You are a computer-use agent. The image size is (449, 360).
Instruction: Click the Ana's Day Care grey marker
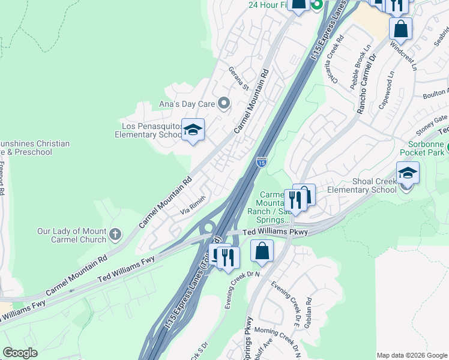(x=224, y=104)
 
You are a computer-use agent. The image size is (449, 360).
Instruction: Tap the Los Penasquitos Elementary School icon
(x=193, y=130)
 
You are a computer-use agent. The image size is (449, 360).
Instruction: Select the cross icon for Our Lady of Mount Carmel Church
(x=115, y=234)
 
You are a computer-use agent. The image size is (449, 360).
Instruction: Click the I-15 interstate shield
(x=261, y=161)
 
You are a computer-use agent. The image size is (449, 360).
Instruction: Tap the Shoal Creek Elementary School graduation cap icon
(x=408, y=174)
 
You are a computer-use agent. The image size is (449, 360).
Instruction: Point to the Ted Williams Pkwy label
(x=275, y=232)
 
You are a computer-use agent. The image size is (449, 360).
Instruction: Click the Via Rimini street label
(x=194, y=205)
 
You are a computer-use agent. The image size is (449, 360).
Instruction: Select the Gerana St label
(x=238, y=77)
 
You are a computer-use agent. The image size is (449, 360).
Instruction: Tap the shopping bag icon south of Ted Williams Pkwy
(x=262, y=251)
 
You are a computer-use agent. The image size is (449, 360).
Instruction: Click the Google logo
(x=20, y=353)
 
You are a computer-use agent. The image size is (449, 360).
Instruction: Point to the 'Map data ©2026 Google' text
(x=412, y=355)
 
